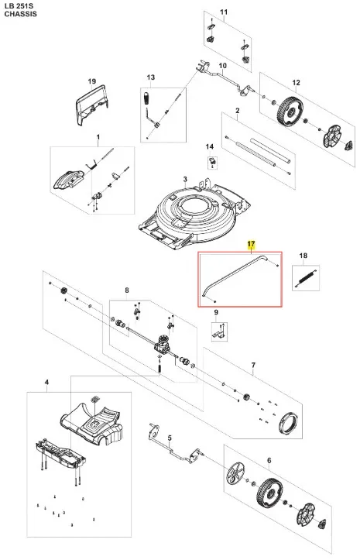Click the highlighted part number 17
252,244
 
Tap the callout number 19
92,81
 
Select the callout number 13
151,77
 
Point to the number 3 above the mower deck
185,179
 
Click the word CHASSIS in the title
20,14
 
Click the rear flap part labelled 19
91,105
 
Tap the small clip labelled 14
212,161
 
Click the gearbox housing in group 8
162,344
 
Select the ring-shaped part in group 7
288,422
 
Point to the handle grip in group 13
146,98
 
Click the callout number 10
222,66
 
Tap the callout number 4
46,383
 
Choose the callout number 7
253,365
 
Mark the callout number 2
238,111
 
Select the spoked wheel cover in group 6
235,472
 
